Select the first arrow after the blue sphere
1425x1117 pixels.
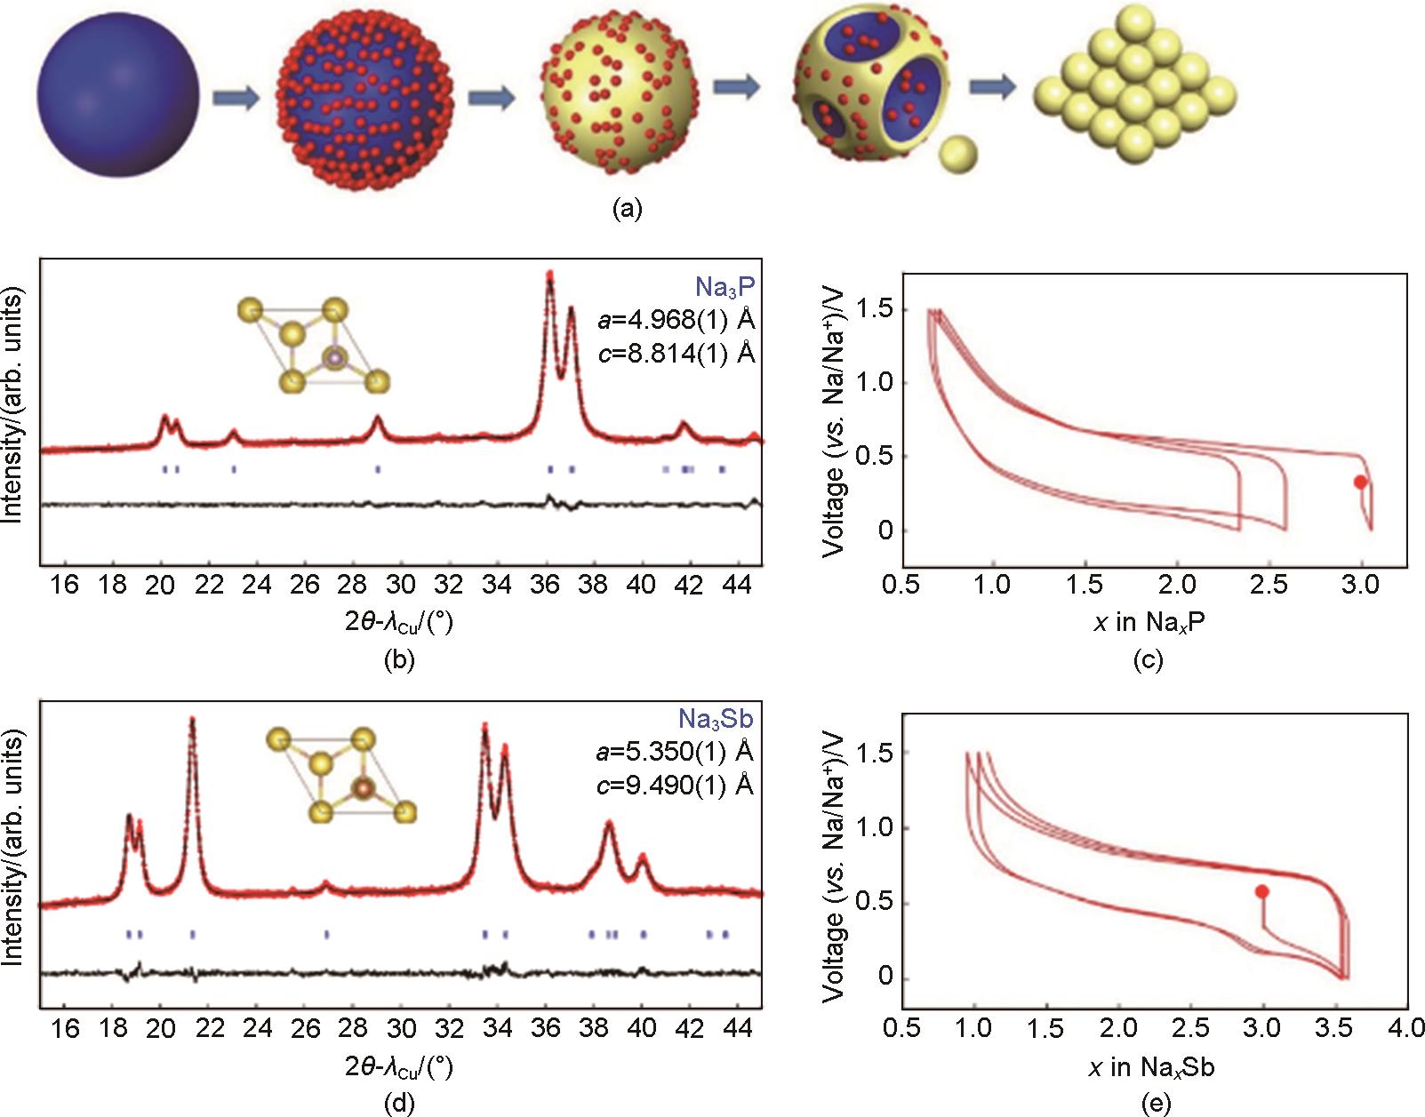point(236,96)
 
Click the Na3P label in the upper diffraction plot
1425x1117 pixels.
point(725,286)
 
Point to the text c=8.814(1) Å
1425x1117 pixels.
point(675,354)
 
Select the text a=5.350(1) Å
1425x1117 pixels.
point(674,752)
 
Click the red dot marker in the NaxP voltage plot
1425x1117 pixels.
point(1360,482)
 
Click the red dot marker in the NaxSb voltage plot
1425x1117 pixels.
point(1261,891)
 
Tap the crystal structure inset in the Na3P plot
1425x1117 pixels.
point(314,347)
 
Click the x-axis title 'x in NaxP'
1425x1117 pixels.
point(1149,622)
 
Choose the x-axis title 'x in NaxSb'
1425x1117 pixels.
point(1150,1066)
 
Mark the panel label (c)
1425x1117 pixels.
point(1149,660)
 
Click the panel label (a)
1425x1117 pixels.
point(627,209)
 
